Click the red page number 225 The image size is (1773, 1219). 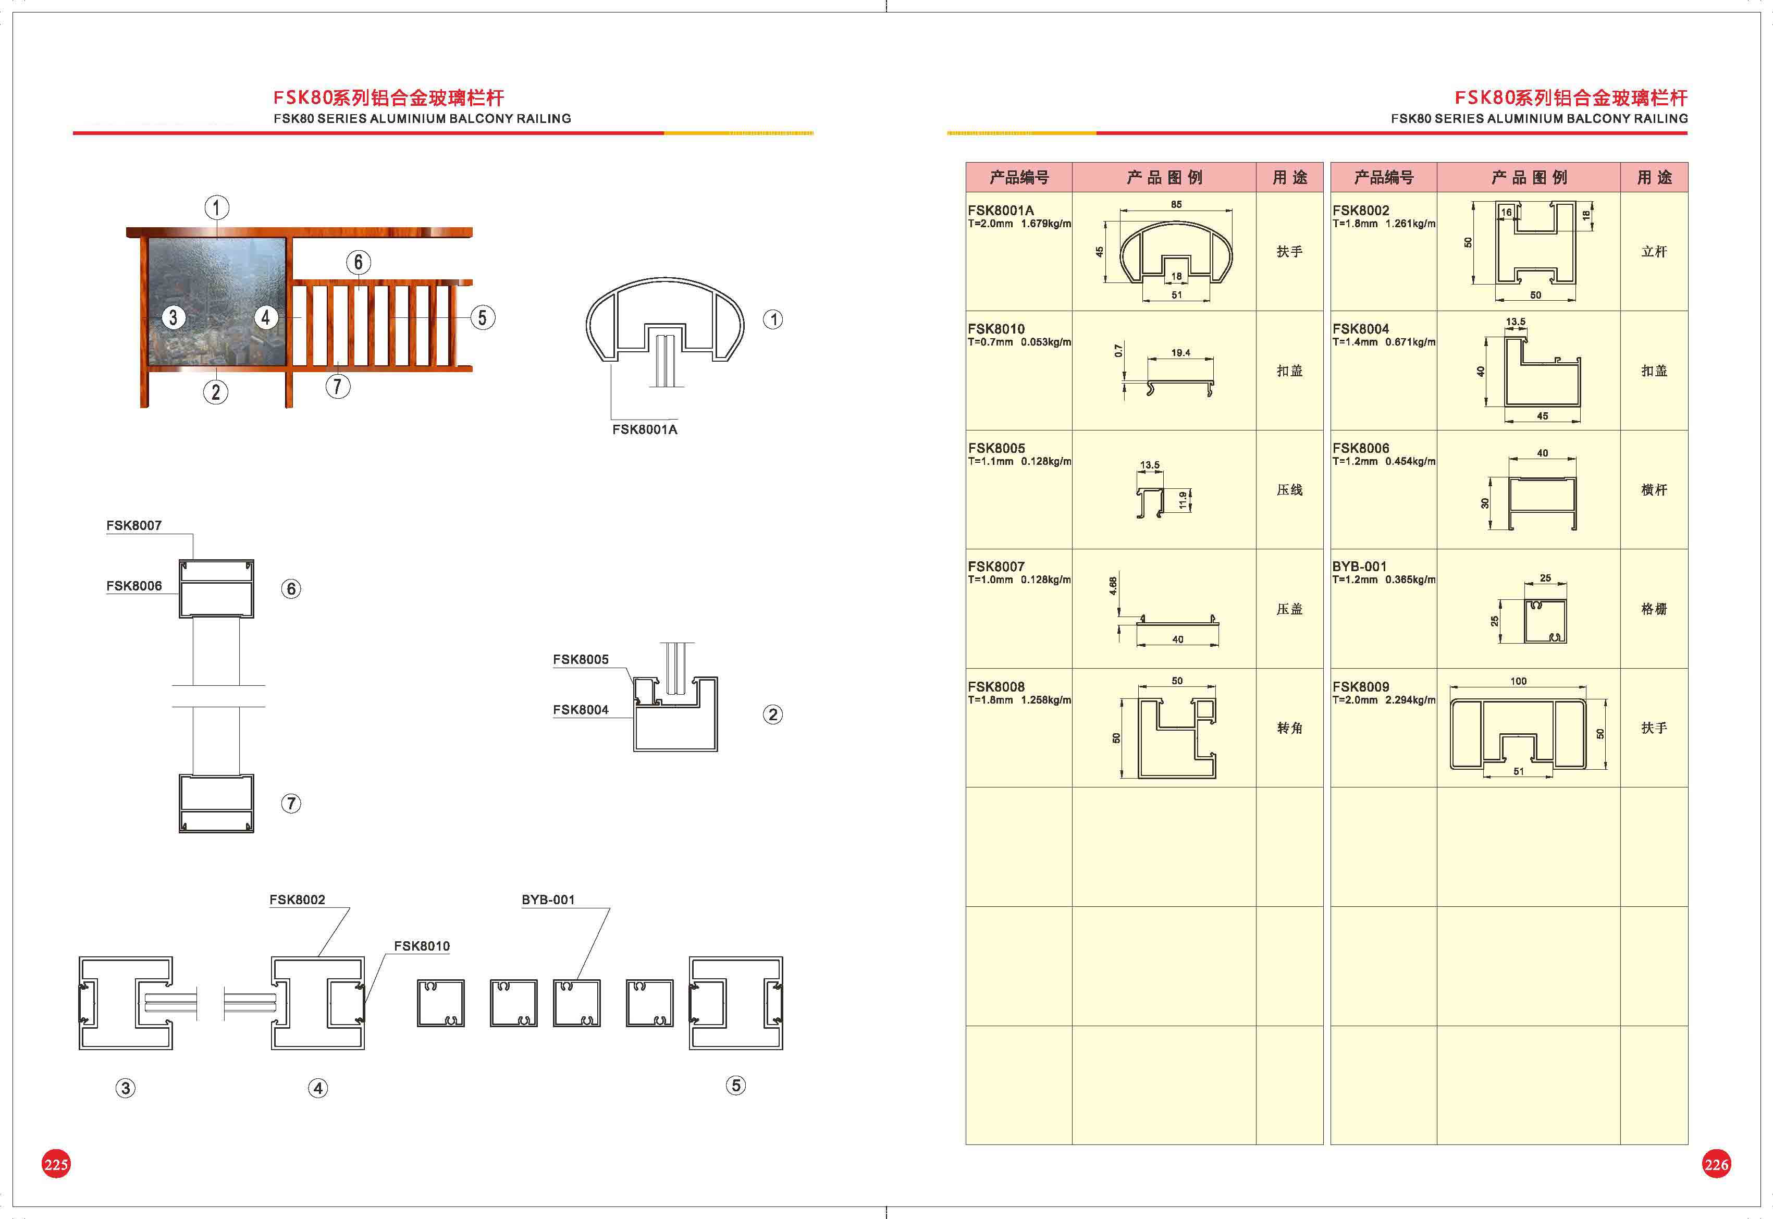[x=56, y=1164]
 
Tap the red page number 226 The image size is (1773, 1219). [x=1716, y=1164]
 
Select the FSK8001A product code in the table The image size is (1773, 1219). [x=1000, y=210]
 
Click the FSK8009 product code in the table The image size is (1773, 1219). [x=1361, y=687]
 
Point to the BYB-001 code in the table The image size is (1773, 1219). [x=1359, y=567]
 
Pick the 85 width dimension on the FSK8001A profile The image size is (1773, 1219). [x=1176, y=205]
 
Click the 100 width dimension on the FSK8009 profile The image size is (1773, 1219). [x=1518, y=681]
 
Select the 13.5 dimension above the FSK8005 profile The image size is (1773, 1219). [x=1149, y=465]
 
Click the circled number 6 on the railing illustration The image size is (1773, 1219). [x=358, y=263]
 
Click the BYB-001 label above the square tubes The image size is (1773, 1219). [x=548, y=900]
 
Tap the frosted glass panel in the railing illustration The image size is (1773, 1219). [x=217, y=302]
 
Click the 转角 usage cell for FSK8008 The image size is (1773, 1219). [x=1290, y=728]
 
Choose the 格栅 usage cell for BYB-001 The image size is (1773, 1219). [x=1654, y=609]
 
